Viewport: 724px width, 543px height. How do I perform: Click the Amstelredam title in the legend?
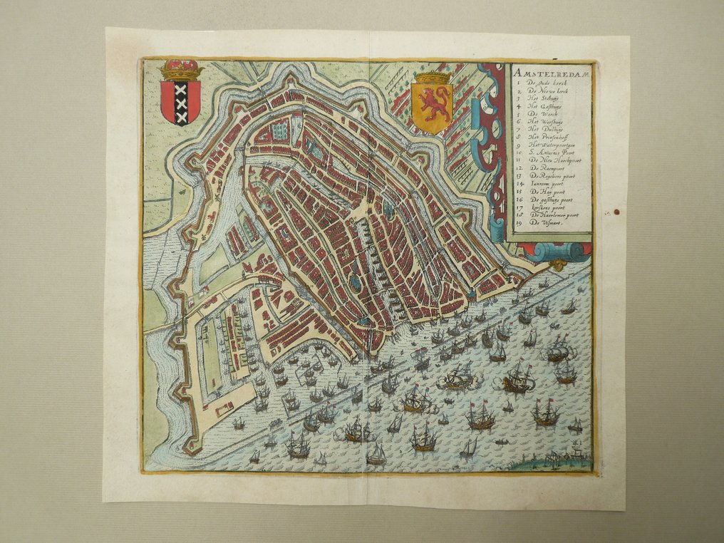coord(549,72)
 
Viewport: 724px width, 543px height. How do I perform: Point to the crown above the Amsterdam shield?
coord(180,71)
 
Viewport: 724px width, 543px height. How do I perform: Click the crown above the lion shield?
coord(433,77)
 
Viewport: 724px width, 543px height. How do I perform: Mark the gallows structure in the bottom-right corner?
coord(559,455)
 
